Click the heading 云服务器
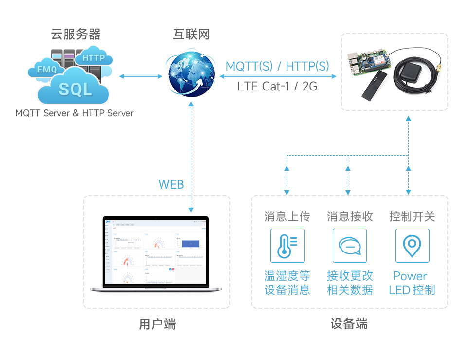(76, 35)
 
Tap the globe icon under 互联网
(191, 74)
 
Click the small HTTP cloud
(94, 58)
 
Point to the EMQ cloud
(47, 70)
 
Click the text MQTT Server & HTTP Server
(74, 113)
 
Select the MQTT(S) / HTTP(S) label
(277, 67)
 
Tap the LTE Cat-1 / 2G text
(277, 87)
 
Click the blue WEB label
(171, 184)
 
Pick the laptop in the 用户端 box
(156, 254)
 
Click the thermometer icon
(287, 246)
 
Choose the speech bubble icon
(350, 246)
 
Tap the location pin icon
(412, 246)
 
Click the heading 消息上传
(287, 216)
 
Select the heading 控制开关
(412, 216)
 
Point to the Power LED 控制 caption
(412, 283)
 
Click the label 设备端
(349, 324)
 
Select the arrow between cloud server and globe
(141, 76)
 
